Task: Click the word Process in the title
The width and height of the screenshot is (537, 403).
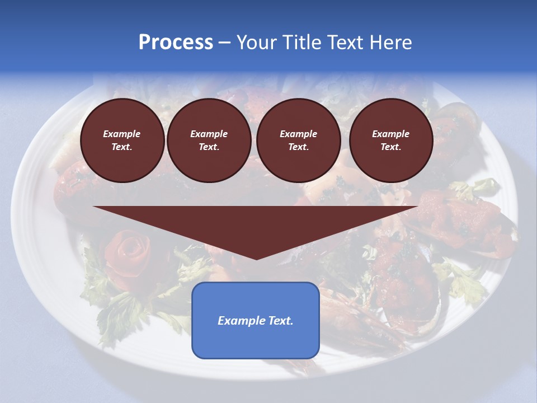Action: [x=176, y=43]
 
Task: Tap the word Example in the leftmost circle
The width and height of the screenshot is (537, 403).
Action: [x=122, y=134]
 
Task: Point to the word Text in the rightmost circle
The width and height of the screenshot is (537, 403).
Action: [x=390, y=147]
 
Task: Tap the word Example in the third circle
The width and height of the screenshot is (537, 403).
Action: [x=299, y=134]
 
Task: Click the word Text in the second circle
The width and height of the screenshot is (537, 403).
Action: [x=208, y=147]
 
